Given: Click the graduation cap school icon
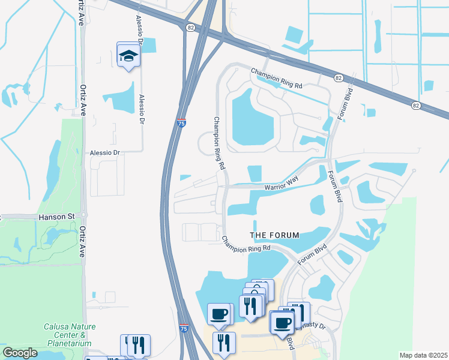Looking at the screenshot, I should tap(127, 55).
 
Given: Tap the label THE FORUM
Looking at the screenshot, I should tap(274, 234).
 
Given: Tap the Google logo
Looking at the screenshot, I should tap(20, 353).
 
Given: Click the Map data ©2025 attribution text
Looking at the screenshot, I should tap(423, 355).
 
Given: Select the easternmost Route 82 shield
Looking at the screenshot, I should tap(415, 105).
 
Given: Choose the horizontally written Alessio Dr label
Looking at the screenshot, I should tap(105, 153).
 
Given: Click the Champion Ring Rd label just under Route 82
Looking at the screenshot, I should tap(277, 78).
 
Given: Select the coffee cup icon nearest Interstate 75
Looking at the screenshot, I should tap(220, 314).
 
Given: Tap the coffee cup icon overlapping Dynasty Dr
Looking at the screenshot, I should tap(282, 322).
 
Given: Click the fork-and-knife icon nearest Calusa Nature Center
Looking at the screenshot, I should tap(137, 344).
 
